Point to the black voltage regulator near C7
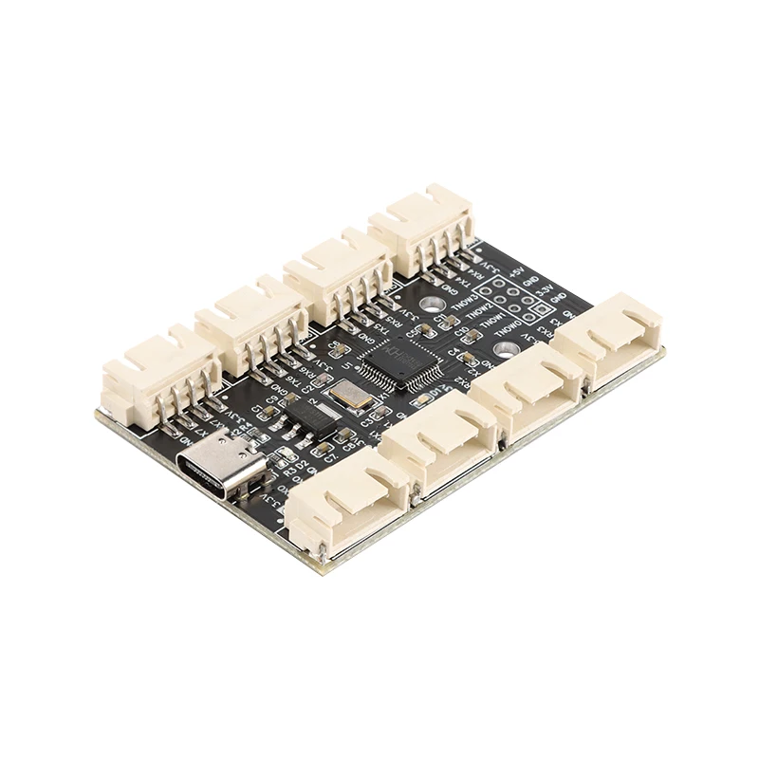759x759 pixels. point(312,417)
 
